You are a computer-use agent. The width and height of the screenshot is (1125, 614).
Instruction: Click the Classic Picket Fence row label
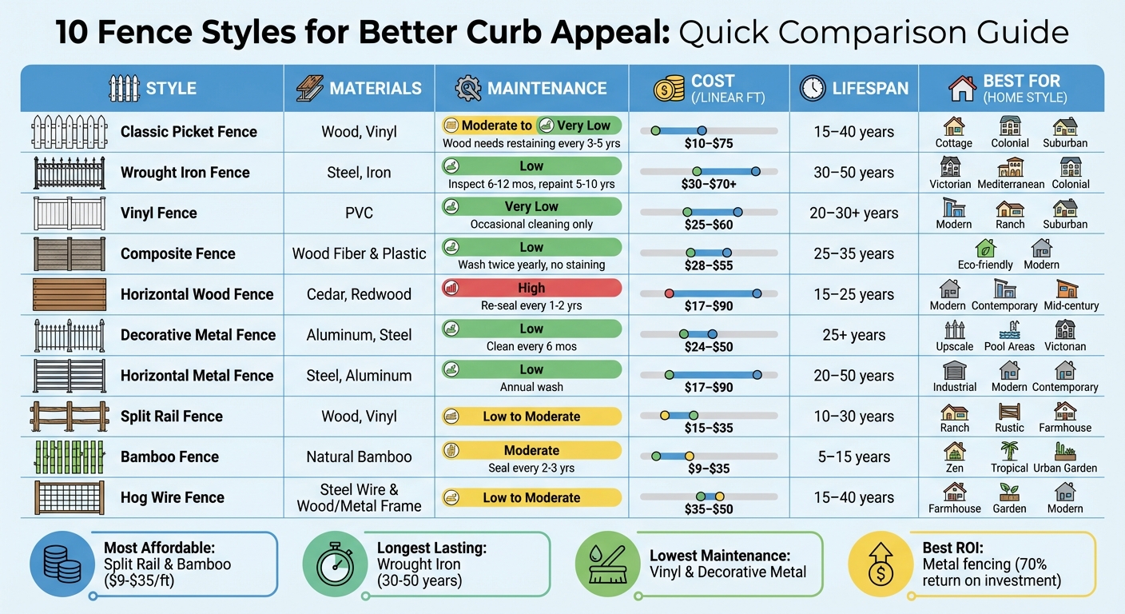[189, 132]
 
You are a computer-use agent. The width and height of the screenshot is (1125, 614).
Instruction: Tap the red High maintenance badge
[531, 288]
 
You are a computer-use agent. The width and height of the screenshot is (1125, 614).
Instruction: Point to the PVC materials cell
[359, 213]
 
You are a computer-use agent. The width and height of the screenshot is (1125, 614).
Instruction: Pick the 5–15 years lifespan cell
[854, 457]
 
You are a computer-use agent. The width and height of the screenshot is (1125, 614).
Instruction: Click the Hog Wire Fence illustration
[70, 497]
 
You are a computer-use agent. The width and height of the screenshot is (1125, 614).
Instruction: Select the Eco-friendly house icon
[985, 248]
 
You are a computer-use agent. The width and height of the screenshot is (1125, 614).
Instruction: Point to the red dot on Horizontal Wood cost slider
[669, 294]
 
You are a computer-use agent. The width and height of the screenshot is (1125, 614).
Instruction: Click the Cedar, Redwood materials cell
[359, 294]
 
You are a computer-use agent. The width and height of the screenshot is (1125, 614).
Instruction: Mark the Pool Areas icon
[1009, 329]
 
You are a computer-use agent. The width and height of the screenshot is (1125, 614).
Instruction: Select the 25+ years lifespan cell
[854, 335]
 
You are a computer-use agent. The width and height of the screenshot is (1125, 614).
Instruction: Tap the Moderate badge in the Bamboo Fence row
[531, 450]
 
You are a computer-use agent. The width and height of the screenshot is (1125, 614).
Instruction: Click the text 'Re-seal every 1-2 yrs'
[531, 306]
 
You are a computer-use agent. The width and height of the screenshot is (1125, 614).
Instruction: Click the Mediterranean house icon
[1010, 166]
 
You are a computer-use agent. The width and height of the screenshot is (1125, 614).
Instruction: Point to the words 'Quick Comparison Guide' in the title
[873, 33]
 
